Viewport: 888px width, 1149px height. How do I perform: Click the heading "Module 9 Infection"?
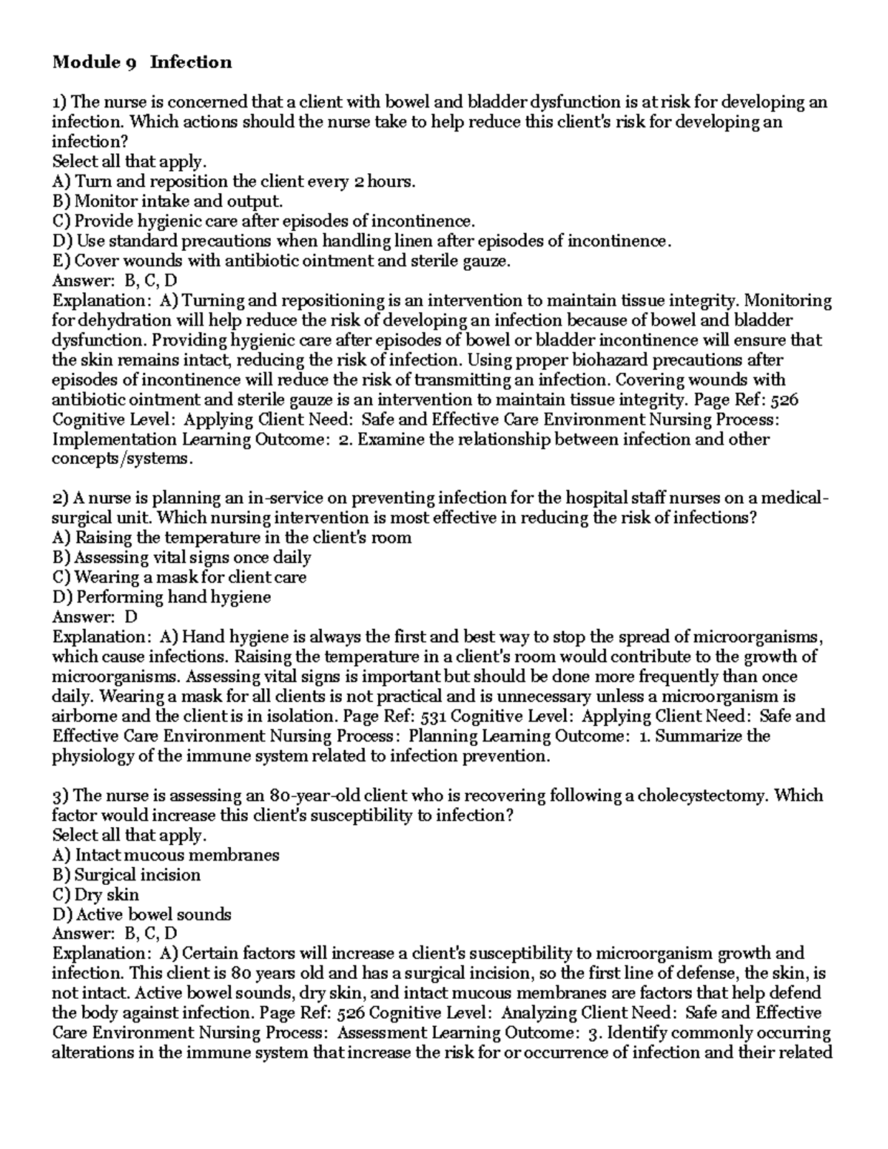(141, 62)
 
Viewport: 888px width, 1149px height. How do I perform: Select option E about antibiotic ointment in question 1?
(281, 260)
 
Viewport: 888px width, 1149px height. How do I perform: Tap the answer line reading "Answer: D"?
(95, 616)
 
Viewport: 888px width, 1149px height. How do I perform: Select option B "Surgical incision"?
(127, 875)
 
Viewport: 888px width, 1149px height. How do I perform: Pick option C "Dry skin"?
(96, 894)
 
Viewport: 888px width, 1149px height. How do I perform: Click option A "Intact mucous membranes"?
(166, 855)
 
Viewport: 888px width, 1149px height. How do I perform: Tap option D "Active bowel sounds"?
(142, 914)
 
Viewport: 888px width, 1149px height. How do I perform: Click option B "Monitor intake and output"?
(167, 201)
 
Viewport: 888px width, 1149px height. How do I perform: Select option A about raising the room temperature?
(232, 537)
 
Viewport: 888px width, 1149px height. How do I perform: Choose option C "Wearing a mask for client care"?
(179, 576)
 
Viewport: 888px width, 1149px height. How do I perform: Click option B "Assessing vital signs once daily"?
(181, 557)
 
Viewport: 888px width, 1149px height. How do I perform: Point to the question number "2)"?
(60, 498)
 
